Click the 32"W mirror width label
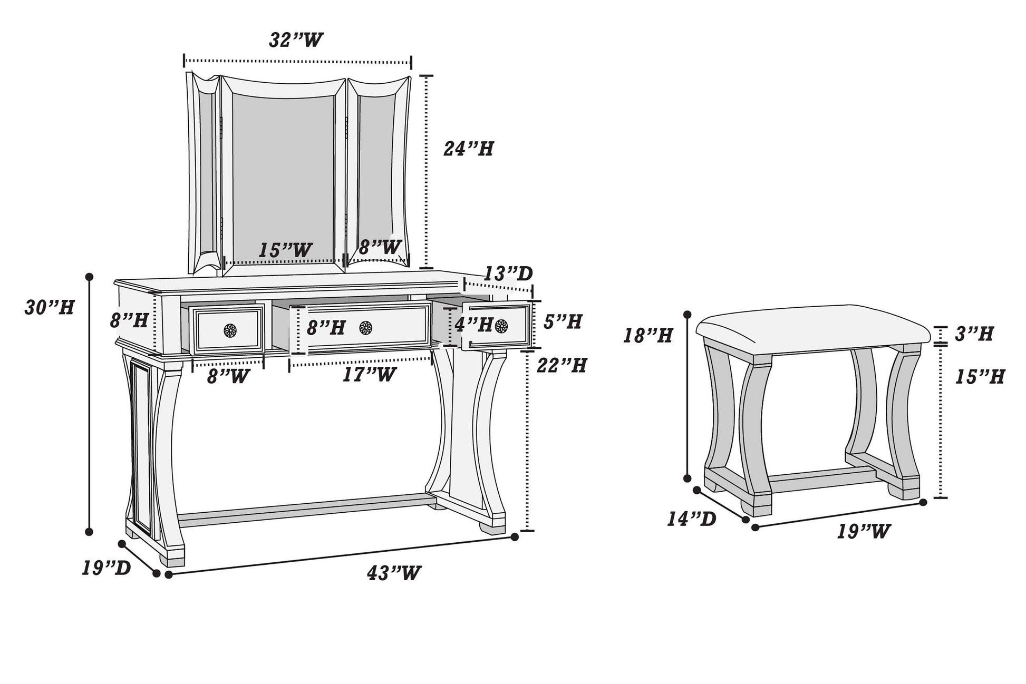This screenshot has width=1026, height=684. click(x=296, y=40)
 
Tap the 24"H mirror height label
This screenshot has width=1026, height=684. click(x=468, y=149)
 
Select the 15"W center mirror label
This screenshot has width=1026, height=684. click(x=285, y=250)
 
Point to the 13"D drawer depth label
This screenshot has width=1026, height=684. click(x=508, y=273)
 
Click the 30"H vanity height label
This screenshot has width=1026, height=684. click(x=50, y=307)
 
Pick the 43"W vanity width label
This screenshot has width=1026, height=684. click(x=394, y=573)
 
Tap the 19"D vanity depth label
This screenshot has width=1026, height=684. click(x=106, y=568)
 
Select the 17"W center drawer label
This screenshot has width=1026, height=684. click(x=369, y=375)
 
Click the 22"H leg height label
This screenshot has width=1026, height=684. click(x=562, y=365)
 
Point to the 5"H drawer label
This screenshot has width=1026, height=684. click(x=563, y=321)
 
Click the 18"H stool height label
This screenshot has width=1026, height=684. click(x=648, y=335)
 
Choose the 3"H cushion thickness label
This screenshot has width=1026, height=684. click(x=974, y=334)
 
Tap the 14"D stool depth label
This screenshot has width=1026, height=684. click(x=691, y=519)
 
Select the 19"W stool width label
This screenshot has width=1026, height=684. click(x=864, y=531)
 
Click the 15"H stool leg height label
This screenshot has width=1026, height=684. click(x=980, y=377)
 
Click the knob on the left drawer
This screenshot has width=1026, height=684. click(x=230, y=330)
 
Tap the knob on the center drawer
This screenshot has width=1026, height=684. click(x=366, y=328)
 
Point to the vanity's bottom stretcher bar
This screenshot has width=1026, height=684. click(x=305, y=510)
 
